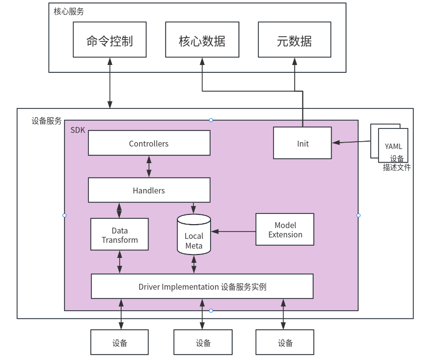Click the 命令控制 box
pyautogui.click(x=109, y=40)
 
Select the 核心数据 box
pyautogui.click(x=202, y=40)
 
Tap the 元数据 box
pyautogui.click(x=294, y=40)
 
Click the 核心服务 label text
pyautogui.click(x=68, y=11)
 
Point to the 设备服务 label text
pyautogui.click(x=47, y=121)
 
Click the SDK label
pyautogui.click(x=78, y=130)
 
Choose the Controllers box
pyautogui.click(x=149, y=143)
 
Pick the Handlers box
pyautogui.click(x=149, y=190)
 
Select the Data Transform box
pyautogui.click(x=120, y=235)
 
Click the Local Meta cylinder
pyautogui.click(x=194, y=237)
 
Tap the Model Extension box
pyautogui.click(x=285, y=230)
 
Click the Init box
pyautogui.click(x=302, y=143)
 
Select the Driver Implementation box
pyautogui.click(x=202, y=286)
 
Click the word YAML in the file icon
pyautogui.click(x=393, y=146)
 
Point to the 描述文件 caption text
pyautogui.click(x=397, y=168)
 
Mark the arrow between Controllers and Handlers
pyautogui.click(x=149, y=167)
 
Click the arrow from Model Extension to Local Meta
pyautogui.click(x=233, y=231)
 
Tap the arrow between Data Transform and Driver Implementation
pyautogui.click(x=120, y=262)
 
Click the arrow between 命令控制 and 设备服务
pyautogui.click(x=110, y=83)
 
